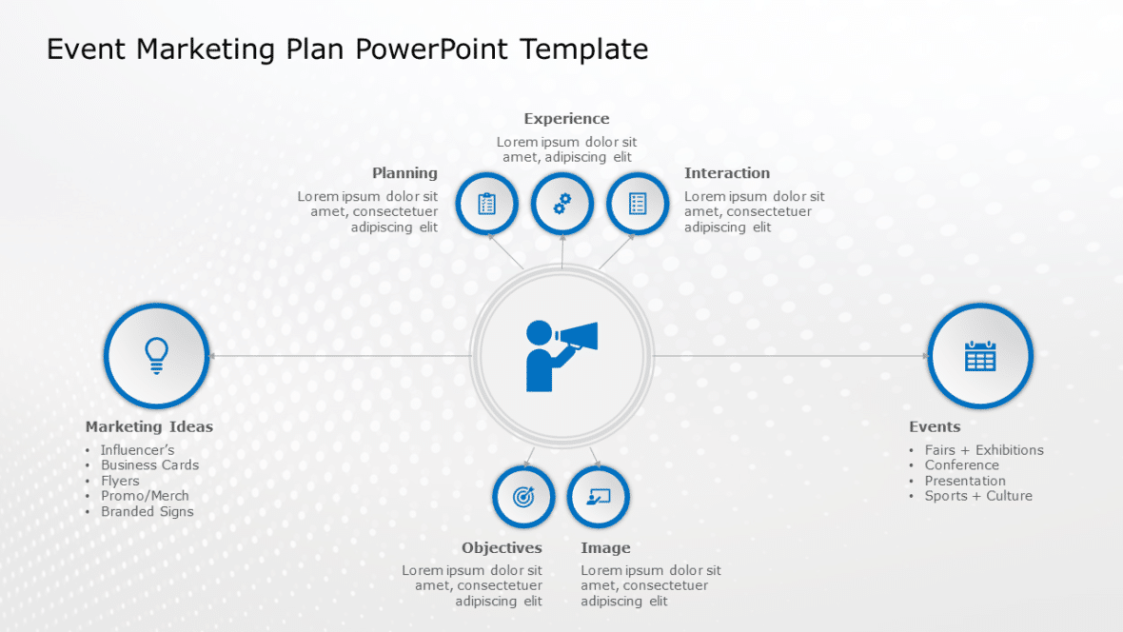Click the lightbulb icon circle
[156, 355]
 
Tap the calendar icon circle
[979, 355]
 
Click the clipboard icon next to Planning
[486, 204]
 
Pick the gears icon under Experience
[561, 204]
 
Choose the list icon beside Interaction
[638, 204]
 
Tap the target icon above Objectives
[523, 497]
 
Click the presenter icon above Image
[599, 497]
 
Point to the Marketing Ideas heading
[149, 426]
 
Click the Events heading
[935, 426]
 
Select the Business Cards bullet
[149, 465]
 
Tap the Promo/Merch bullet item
[145, 496]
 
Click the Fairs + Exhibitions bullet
[984, 450]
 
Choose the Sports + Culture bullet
[978, 496]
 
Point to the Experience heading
[566, 119]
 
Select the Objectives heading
[502, 548]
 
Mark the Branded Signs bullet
[147, 511]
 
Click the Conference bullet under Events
[961, 465]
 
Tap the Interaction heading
[727, 173]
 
